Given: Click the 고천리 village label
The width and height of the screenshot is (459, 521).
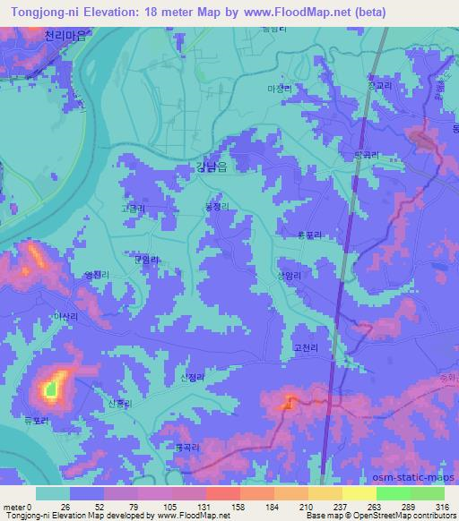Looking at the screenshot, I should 305,346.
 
